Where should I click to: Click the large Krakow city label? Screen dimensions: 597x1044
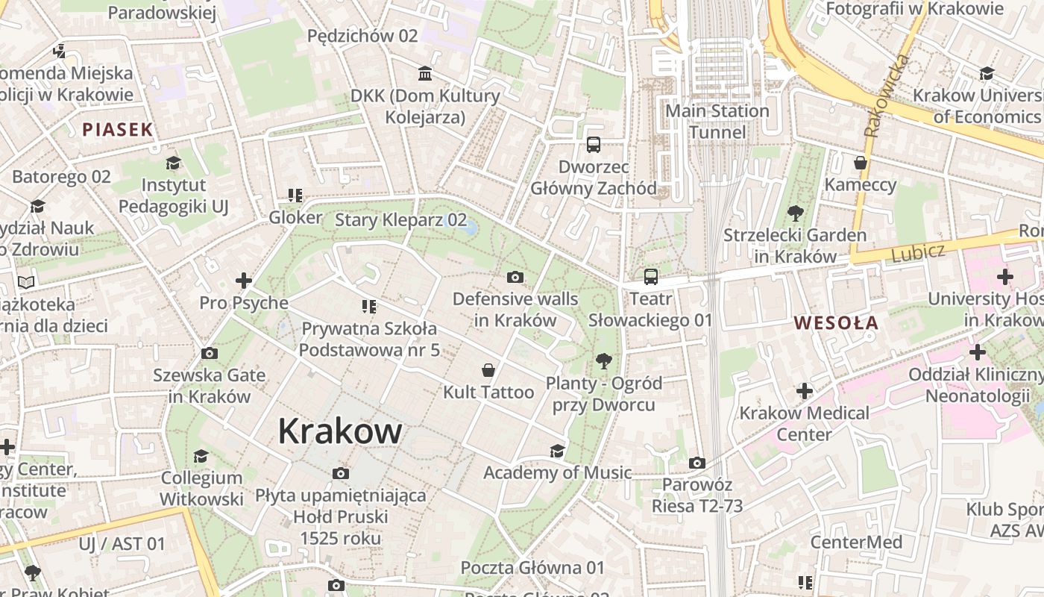[340, 431]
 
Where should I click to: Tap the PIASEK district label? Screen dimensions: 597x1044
[117, 129]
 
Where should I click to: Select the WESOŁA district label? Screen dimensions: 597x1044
[836, 323]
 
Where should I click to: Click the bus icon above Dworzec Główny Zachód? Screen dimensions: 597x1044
[594, 145]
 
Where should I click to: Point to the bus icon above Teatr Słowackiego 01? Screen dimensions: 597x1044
[651, 277]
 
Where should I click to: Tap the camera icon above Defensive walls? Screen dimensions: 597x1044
[515, 278]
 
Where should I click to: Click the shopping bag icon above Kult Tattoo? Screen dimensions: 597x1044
[488, 370]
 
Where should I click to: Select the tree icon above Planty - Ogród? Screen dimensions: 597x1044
[604, 362]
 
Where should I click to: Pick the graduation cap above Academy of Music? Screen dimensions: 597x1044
[557, 451]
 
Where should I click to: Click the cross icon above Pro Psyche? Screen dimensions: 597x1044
[243, 281]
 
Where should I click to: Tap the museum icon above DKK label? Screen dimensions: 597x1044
[425, 73]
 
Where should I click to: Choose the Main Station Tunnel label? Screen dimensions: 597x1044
[717, 122]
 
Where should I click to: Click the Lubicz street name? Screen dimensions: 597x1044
[917, 253]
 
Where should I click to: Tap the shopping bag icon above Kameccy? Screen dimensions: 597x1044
[861, 163]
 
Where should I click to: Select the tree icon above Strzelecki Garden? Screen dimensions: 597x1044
[795, 213]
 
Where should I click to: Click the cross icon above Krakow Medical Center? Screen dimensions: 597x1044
[804, 391]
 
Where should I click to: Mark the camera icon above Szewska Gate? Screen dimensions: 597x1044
[210, 353]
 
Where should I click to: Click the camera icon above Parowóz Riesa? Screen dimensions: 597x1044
[697, 463]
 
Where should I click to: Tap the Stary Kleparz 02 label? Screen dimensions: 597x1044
[400, 220]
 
